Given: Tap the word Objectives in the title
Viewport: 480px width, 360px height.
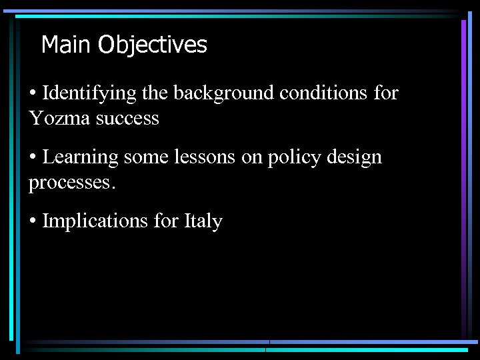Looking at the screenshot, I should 153,45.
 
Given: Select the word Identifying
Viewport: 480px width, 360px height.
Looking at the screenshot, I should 89,93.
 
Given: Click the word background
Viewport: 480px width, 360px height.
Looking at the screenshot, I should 223,93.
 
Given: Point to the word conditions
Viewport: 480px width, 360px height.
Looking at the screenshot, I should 323,93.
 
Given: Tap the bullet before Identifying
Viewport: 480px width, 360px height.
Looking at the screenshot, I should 33,94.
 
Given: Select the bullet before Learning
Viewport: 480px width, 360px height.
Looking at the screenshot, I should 33,158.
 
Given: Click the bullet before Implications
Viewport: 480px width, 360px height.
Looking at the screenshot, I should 33,221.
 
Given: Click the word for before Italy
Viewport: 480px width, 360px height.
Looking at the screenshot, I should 166,221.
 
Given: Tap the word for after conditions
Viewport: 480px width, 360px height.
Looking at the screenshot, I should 386,93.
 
